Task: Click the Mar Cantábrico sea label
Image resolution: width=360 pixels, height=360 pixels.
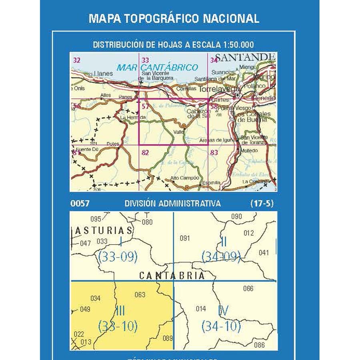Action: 157,68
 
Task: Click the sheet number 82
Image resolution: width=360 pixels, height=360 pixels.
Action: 145,152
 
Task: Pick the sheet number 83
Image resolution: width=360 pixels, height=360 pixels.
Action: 214,152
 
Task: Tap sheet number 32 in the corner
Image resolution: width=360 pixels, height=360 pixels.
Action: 77,60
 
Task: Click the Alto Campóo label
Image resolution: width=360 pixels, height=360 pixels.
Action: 185,178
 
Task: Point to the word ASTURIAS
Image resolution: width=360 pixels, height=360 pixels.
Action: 104,230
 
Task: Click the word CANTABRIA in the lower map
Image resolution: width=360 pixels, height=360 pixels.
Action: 172,276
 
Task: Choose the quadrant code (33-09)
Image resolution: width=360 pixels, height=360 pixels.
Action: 118,257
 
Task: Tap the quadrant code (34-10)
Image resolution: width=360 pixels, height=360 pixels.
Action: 221,326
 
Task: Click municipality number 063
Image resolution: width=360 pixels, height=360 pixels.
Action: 140,295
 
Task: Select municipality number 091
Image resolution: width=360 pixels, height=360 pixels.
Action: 184,239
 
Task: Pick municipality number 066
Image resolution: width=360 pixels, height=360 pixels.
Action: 248,288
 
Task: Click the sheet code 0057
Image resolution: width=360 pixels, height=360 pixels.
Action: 80,203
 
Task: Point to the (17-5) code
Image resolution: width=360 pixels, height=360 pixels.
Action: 262,203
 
